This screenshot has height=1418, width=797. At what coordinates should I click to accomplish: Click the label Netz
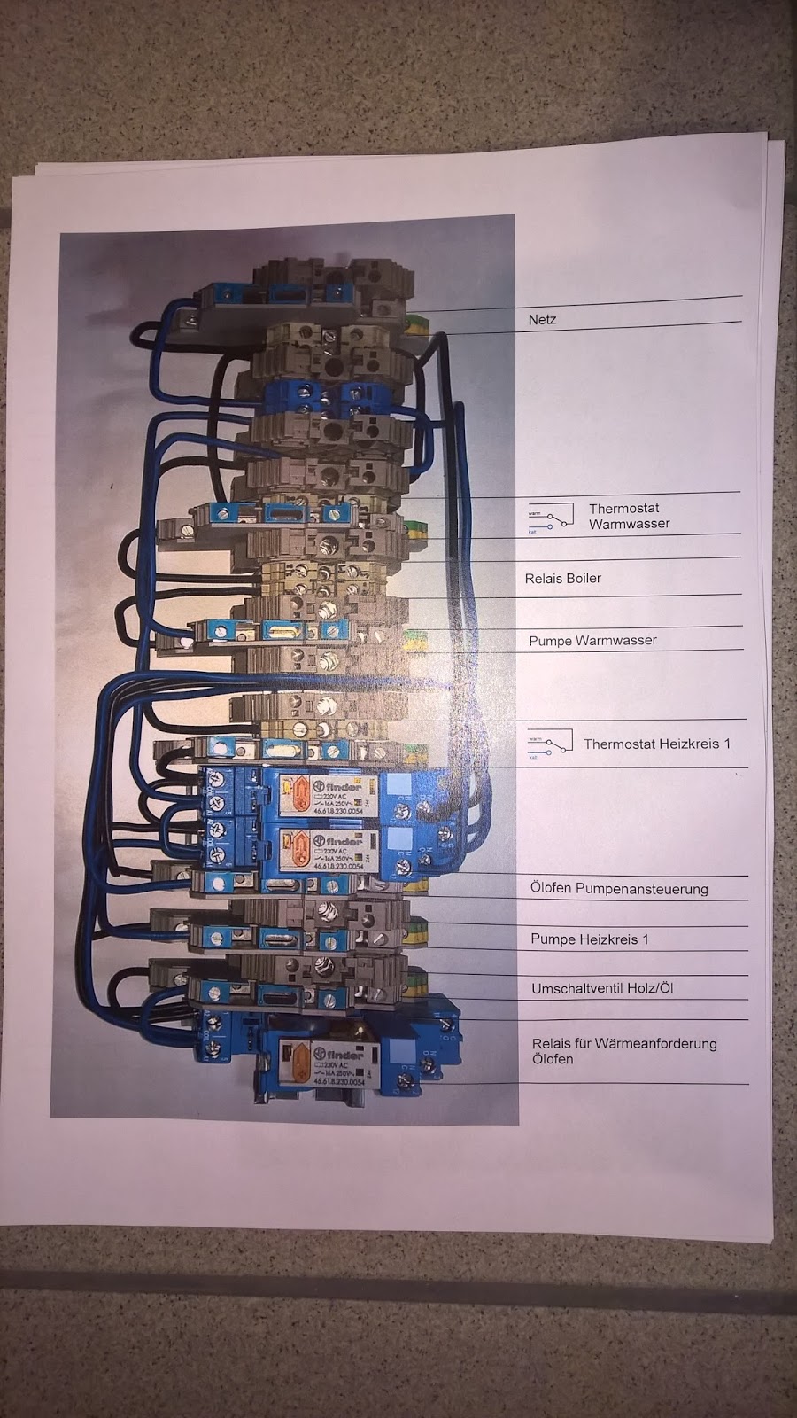(x=542, y=319)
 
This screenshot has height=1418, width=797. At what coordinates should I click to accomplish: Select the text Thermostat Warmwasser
(x=629, y=516)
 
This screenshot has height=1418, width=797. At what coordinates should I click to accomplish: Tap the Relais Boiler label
(x=562, y=578)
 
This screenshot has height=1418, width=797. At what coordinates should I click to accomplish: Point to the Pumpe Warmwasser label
(x=592, y=640)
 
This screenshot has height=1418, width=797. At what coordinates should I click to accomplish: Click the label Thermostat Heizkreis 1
(x=656, y=744)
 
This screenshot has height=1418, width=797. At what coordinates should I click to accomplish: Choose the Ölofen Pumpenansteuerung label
(x=619, y=888)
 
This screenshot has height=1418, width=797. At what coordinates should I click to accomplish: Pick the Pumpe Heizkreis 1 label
(x=589, y=939)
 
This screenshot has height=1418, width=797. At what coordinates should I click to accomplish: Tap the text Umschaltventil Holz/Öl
(x=602, y=987)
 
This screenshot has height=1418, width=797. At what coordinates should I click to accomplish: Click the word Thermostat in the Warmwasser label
(x=623, y=509)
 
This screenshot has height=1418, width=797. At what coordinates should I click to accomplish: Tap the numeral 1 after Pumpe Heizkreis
(x=645, y=939)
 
